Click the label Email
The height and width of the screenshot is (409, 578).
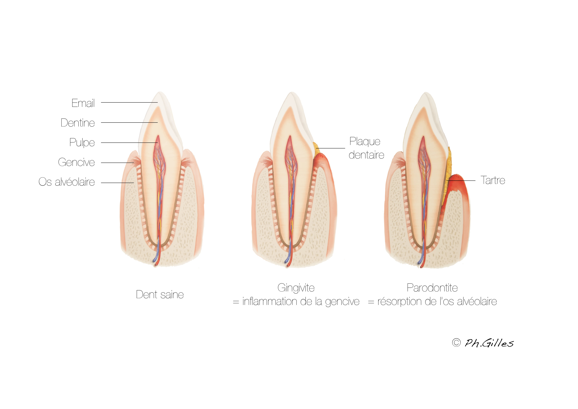click(83, 103)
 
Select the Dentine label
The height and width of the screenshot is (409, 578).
click(78, 123)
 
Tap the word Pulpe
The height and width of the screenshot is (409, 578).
click(82, 143)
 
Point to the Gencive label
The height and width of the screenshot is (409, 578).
click(76, 162)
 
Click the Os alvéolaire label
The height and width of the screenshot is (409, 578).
click(67, 182)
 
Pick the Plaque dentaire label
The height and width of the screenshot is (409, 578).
click(366, 148)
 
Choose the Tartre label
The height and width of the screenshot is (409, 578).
click(493, 180)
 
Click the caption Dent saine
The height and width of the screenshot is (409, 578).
click(160, 295)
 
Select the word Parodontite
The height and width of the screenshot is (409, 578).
click(432, 288)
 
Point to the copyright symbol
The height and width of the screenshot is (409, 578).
click(456, 343)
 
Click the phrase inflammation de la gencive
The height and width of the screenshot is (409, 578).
click(301, 302)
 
